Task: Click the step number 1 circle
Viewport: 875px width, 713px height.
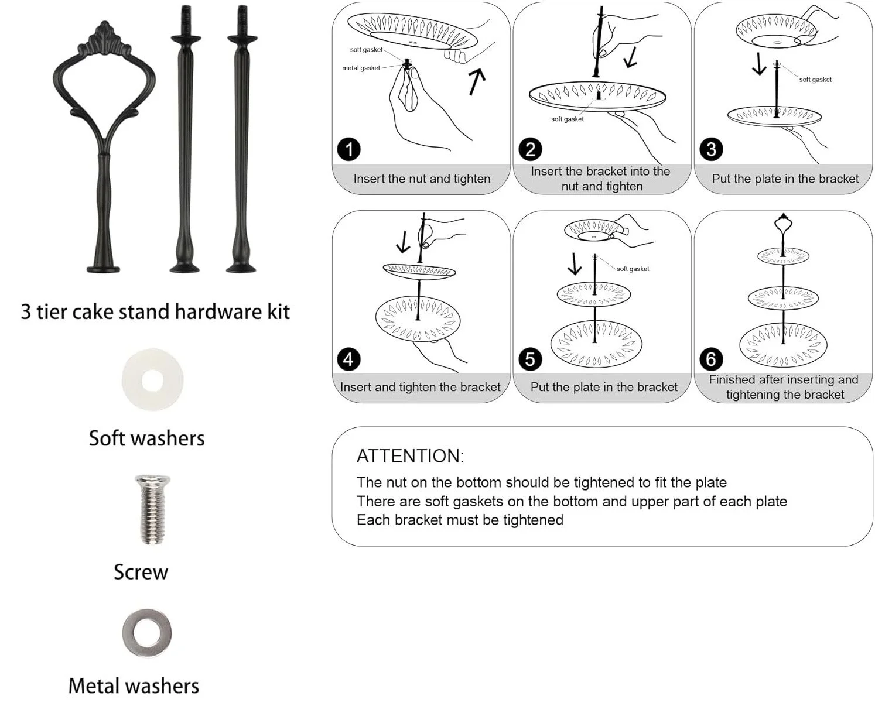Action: (x=349, y=149)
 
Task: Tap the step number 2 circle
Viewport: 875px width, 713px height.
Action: (x=530, y=149)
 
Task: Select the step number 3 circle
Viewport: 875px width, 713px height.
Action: (x=711, y=149)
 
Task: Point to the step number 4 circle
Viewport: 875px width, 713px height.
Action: (x=349, y=359)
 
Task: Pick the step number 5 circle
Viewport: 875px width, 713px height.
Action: (x=530, y=359)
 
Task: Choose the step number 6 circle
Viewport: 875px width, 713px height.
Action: (x=711, y=359)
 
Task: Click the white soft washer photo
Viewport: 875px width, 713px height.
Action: (x=152, y=380)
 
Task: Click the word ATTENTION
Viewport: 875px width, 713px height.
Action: (x=410, y=456)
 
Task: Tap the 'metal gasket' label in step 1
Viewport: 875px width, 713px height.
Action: (x=361, y=68)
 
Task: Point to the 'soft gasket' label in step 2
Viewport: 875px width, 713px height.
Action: (x=567, y=119)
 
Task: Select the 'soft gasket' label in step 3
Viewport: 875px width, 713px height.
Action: (x=815, y=80)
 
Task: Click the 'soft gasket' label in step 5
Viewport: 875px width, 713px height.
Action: (x=633, y=269)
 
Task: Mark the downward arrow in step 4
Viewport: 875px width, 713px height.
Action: (x=403, y=242)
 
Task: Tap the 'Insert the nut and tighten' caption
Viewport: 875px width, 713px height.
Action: (x=422, y=179)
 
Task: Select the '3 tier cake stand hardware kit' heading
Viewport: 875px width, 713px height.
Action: (x=155, y=311)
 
